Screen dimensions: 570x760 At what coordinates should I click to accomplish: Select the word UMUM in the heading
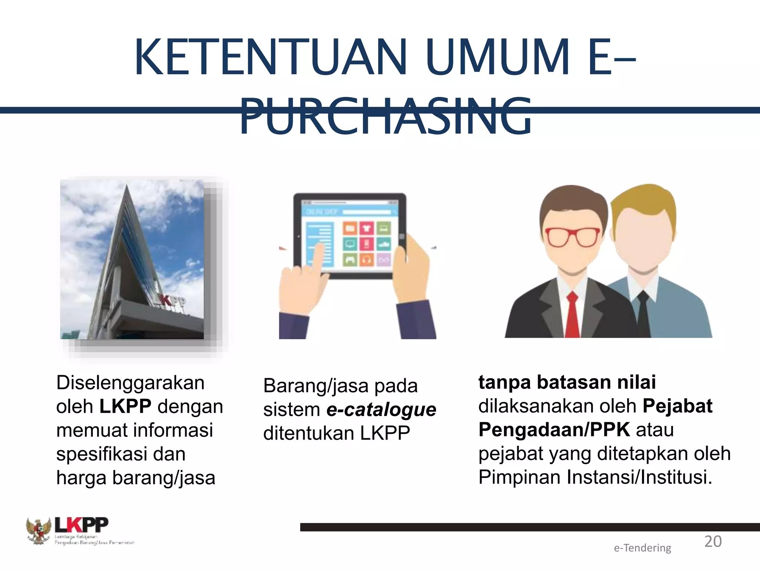(x=497, y=58)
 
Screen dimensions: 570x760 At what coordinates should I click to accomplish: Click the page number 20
(x=713, y=542)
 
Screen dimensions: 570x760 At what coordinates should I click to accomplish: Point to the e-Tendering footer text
(x=642, y=548)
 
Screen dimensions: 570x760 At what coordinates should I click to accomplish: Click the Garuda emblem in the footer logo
(x=38, y=531)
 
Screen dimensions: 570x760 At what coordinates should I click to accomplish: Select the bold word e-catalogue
(x=381, y=410)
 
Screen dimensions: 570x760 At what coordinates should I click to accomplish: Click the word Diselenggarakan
(x=130, y=383)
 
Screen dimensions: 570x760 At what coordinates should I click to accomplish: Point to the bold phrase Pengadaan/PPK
(x=554, y=430)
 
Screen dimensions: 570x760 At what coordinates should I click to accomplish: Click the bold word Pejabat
(x=677, y=406)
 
